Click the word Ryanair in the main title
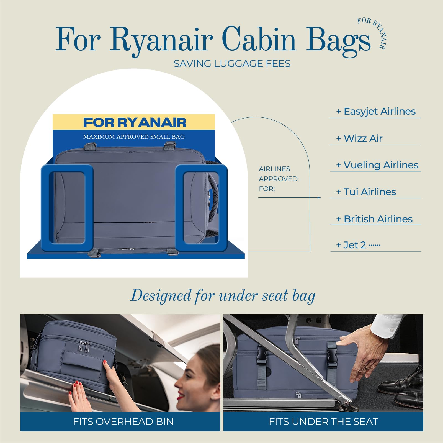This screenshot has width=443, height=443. coord(161,40)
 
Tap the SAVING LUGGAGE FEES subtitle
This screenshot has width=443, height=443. coord(232,64)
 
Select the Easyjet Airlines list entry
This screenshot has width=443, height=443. coord(376,111)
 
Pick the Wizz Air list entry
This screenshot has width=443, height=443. coord(359,138)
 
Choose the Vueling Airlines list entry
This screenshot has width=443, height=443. coord(377,165)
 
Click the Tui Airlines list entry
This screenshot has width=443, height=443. coord(366,192)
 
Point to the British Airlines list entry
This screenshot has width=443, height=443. coord(374,219)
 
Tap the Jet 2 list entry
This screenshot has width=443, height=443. coord(358,245)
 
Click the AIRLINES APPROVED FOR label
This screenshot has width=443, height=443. coord(278,179)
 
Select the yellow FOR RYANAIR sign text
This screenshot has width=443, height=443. coord(135,123)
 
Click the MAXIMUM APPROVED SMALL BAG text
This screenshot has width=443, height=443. coord(134,137)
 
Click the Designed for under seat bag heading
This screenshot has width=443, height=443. coord(223,296)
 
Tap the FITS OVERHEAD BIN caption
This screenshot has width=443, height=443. coord(123,422)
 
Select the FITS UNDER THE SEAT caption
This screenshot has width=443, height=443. coord(323,422)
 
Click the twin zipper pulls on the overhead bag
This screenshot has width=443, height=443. coord(84,347)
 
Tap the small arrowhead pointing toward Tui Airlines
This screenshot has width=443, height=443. coord(319,197)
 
